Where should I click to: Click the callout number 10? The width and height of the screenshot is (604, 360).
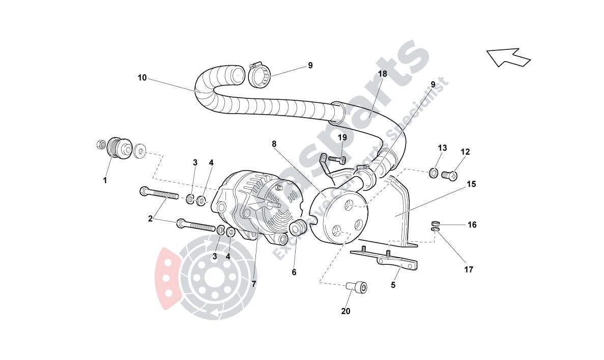142,78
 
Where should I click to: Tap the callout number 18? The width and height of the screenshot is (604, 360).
382,74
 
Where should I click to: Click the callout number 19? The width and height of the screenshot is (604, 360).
342,137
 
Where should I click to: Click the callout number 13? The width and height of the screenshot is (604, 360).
442,148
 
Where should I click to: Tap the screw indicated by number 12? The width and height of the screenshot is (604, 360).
449,176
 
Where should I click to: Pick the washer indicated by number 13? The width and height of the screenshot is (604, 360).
433,173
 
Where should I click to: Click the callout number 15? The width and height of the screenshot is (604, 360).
471,184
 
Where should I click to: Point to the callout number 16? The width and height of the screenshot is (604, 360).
472,225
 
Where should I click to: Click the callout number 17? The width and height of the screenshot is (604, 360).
468,270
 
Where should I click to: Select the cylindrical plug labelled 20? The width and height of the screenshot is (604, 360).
357,288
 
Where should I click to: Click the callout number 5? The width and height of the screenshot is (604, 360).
393,285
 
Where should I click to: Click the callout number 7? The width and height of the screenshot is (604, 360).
253,283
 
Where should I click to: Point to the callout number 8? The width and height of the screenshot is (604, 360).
274,144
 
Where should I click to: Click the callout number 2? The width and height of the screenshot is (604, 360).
150,219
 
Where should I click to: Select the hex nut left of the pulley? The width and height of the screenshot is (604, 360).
101,145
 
